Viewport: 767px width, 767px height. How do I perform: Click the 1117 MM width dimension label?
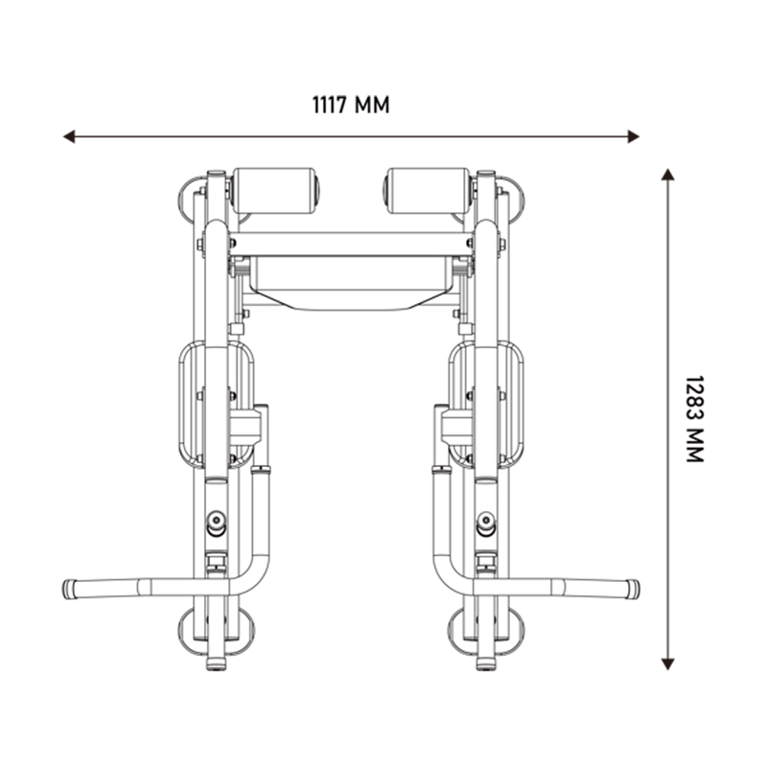click(x=351, y=105)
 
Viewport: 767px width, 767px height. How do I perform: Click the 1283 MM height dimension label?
click(x=694, y=419)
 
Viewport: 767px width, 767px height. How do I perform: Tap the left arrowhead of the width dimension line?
click(x=69, y=136)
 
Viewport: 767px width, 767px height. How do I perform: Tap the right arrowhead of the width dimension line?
click(x=634, y=136)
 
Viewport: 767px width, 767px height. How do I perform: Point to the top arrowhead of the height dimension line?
click(x=667, y=174)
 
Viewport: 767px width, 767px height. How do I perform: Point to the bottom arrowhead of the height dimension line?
click(x=667, y=663)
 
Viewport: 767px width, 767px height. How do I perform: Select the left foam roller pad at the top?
click(x=275, y=191)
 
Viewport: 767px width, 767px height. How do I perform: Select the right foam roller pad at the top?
click(x=429, y=191)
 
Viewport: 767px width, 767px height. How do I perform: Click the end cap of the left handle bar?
click(x=69, y=589)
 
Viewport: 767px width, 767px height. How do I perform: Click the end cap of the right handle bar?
click(x=634, y=589)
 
